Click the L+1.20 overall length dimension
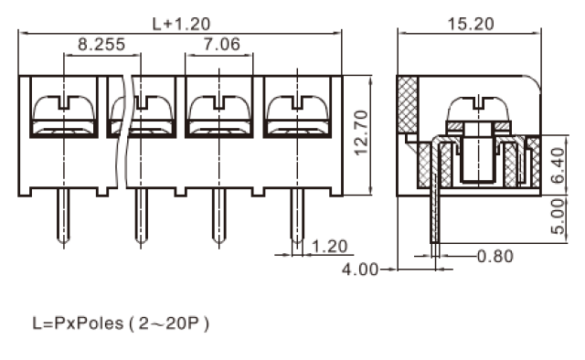[x=182, y=25]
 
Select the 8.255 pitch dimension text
[x=101, y=45]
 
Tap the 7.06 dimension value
[x=221, y=45]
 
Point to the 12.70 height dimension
[x=361, y=132]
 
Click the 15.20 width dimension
[x=471, y=25]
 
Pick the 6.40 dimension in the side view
[x=558, y=165]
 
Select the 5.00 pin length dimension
[x=558, y=217]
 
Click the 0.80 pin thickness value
[x=495, y=256]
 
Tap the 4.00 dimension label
[x=360, y=270]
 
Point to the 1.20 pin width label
[x=329, y=247]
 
